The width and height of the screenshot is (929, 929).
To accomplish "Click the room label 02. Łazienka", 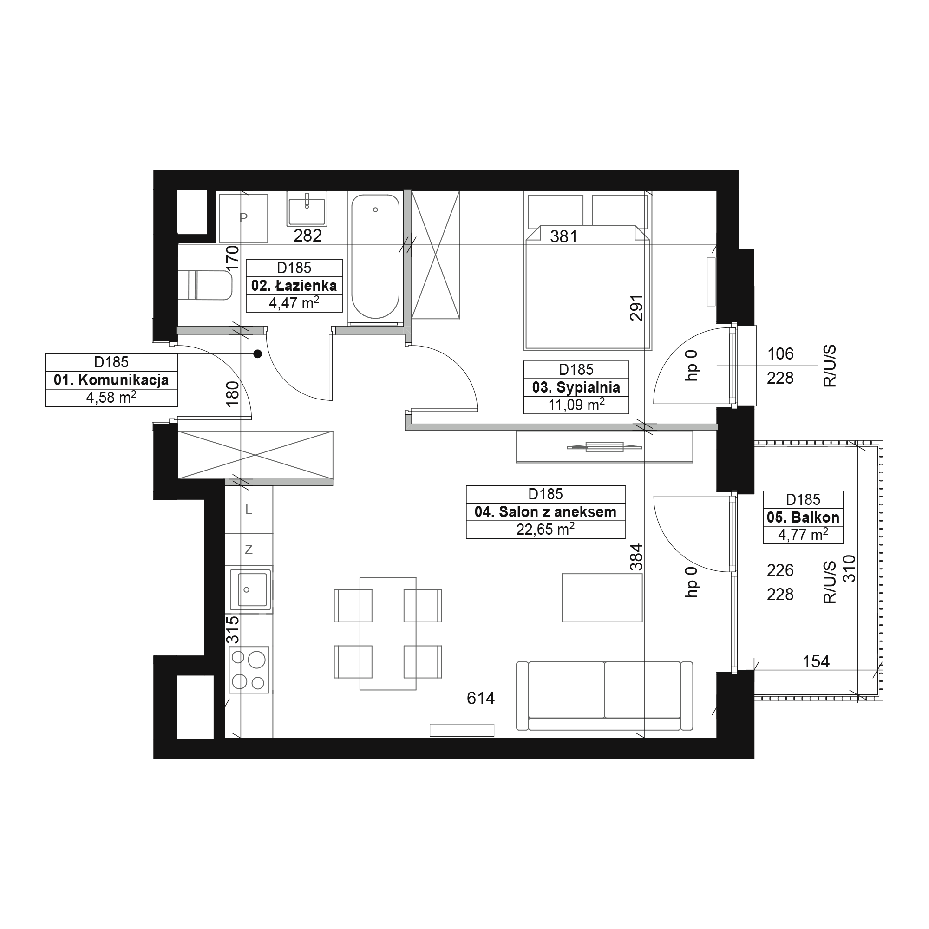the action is (x=294, y=286).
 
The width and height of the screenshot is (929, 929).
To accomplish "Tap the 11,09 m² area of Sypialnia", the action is (x=576, y=405).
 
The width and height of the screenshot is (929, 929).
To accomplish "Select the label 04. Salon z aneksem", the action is (x=545, y=511).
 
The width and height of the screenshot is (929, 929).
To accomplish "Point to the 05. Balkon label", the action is (x=803, y=517).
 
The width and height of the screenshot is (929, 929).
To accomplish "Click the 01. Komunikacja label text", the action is (x=111, y=380).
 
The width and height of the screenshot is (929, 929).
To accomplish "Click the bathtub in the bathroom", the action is (x=375, y=256).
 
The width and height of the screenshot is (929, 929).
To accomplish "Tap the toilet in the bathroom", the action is (x=205, y=285).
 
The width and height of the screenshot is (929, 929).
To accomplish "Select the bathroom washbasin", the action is (x=307, y=209).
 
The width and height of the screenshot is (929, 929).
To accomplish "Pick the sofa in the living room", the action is (x=604, y=696).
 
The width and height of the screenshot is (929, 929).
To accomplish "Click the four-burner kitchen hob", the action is (x=248, y=670).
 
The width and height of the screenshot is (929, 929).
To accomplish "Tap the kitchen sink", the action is (x=250, y=589).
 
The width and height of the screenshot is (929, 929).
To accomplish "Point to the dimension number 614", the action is (x=480, y=698).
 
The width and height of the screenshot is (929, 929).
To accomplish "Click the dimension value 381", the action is (x=563, y=236).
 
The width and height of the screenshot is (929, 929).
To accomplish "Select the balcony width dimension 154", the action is (x=816, y=661).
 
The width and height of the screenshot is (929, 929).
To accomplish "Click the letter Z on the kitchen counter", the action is (x=249, y=550).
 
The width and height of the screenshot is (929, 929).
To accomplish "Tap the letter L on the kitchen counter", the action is (x=249, y=509).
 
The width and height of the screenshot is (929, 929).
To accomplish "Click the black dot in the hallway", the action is (x=258, y=354).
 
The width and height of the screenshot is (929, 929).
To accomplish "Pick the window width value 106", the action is (x=780, y=354).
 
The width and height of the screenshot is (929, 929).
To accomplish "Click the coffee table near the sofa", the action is (x=602, y=598).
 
